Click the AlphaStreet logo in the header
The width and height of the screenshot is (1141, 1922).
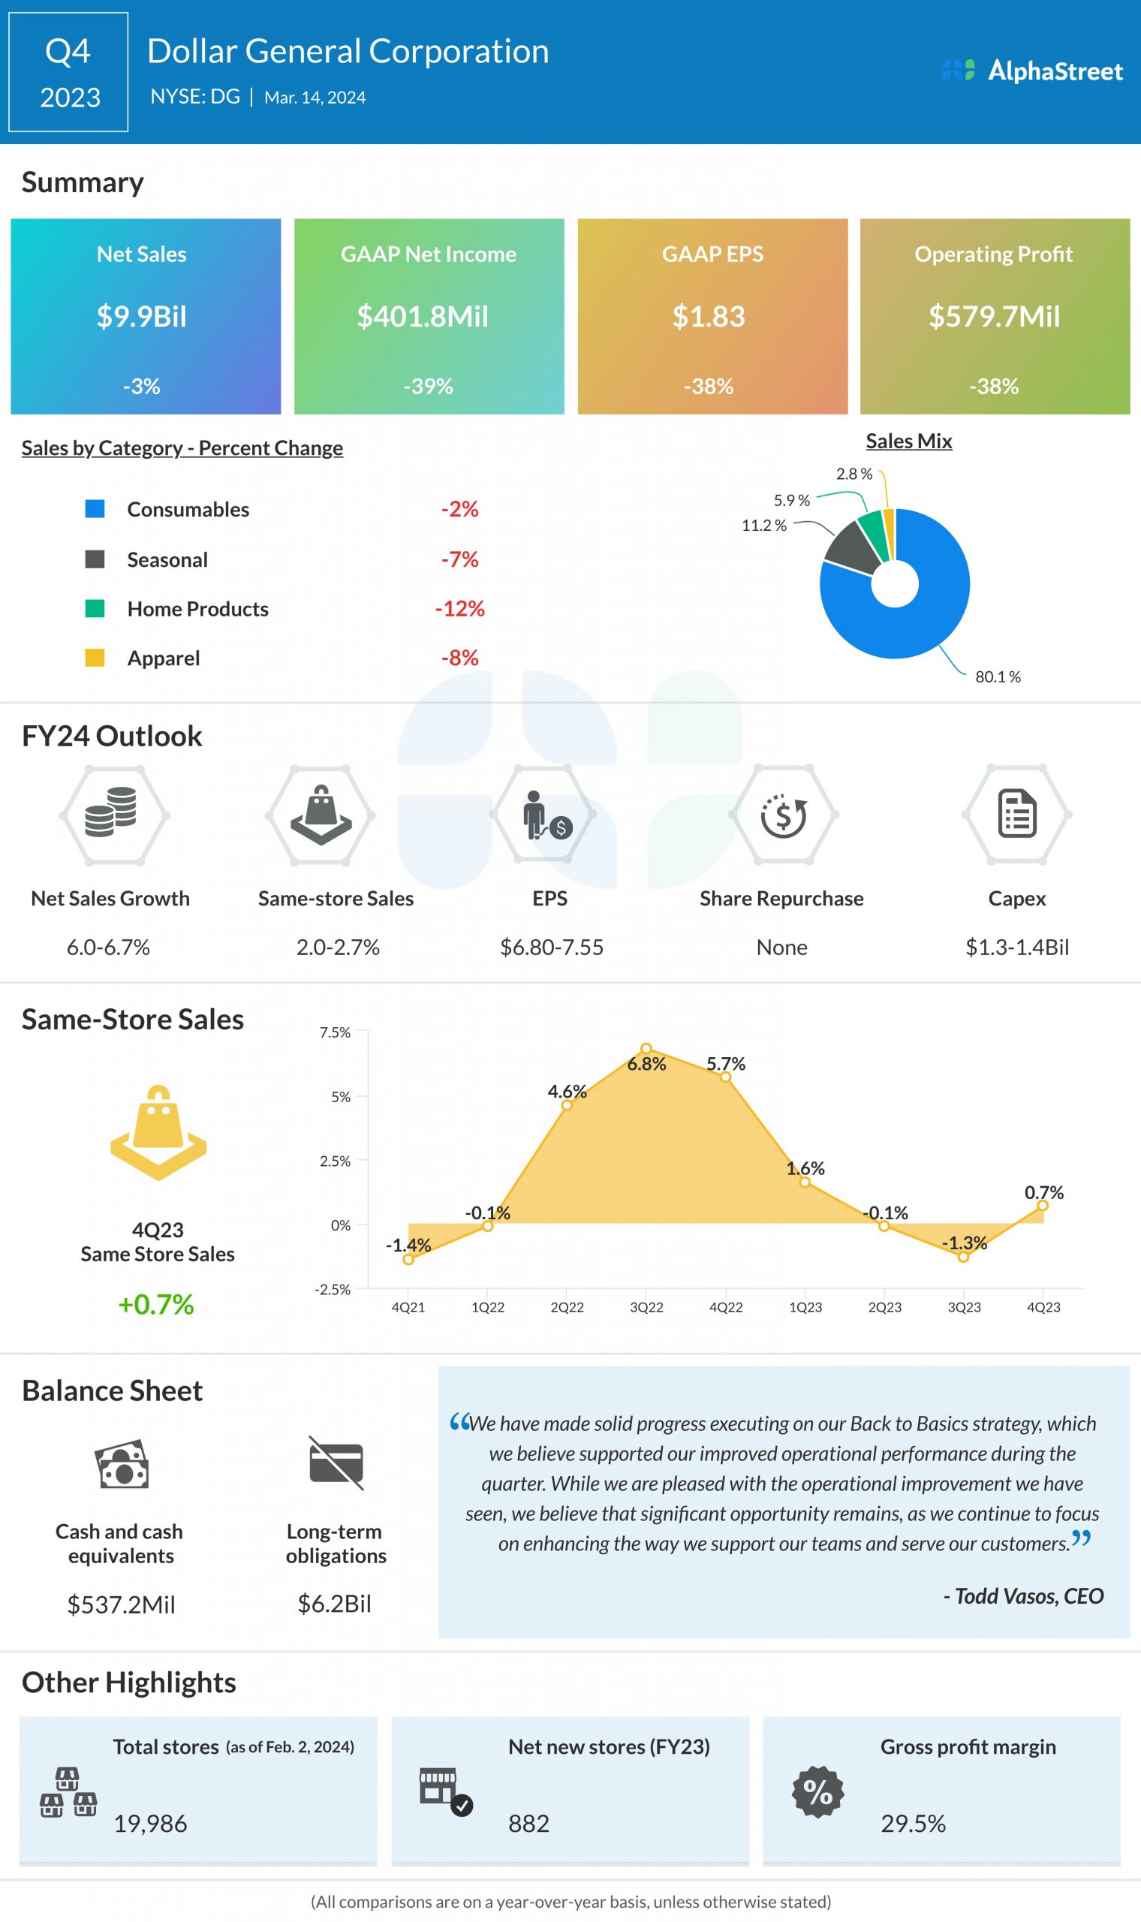point(1032,71)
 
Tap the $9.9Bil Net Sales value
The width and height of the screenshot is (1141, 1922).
point(141,317)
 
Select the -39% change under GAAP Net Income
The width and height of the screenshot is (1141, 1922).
point(429,386)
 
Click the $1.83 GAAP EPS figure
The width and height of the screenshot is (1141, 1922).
point(708,317)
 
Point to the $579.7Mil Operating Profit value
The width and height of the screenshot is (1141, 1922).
point(993,317)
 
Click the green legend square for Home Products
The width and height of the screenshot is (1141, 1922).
point(95,608)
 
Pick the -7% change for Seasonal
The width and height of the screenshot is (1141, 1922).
point(460,559)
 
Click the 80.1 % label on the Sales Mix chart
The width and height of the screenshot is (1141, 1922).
point(997,676)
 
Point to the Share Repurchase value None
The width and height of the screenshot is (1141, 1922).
point(781,947)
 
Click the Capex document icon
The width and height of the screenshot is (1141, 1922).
point(1016,813)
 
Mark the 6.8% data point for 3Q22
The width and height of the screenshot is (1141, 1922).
point(646,1049)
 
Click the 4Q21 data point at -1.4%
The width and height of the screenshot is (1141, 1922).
point(408,1259)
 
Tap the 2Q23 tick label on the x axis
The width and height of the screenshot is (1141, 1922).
point(884,1307)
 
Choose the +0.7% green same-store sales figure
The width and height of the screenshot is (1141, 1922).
point(156,1304)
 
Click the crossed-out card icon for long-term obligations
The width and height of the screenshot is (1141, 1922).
point(336,1463)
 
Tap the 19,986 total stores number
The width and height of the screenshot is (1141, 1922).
point(151,1824)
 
